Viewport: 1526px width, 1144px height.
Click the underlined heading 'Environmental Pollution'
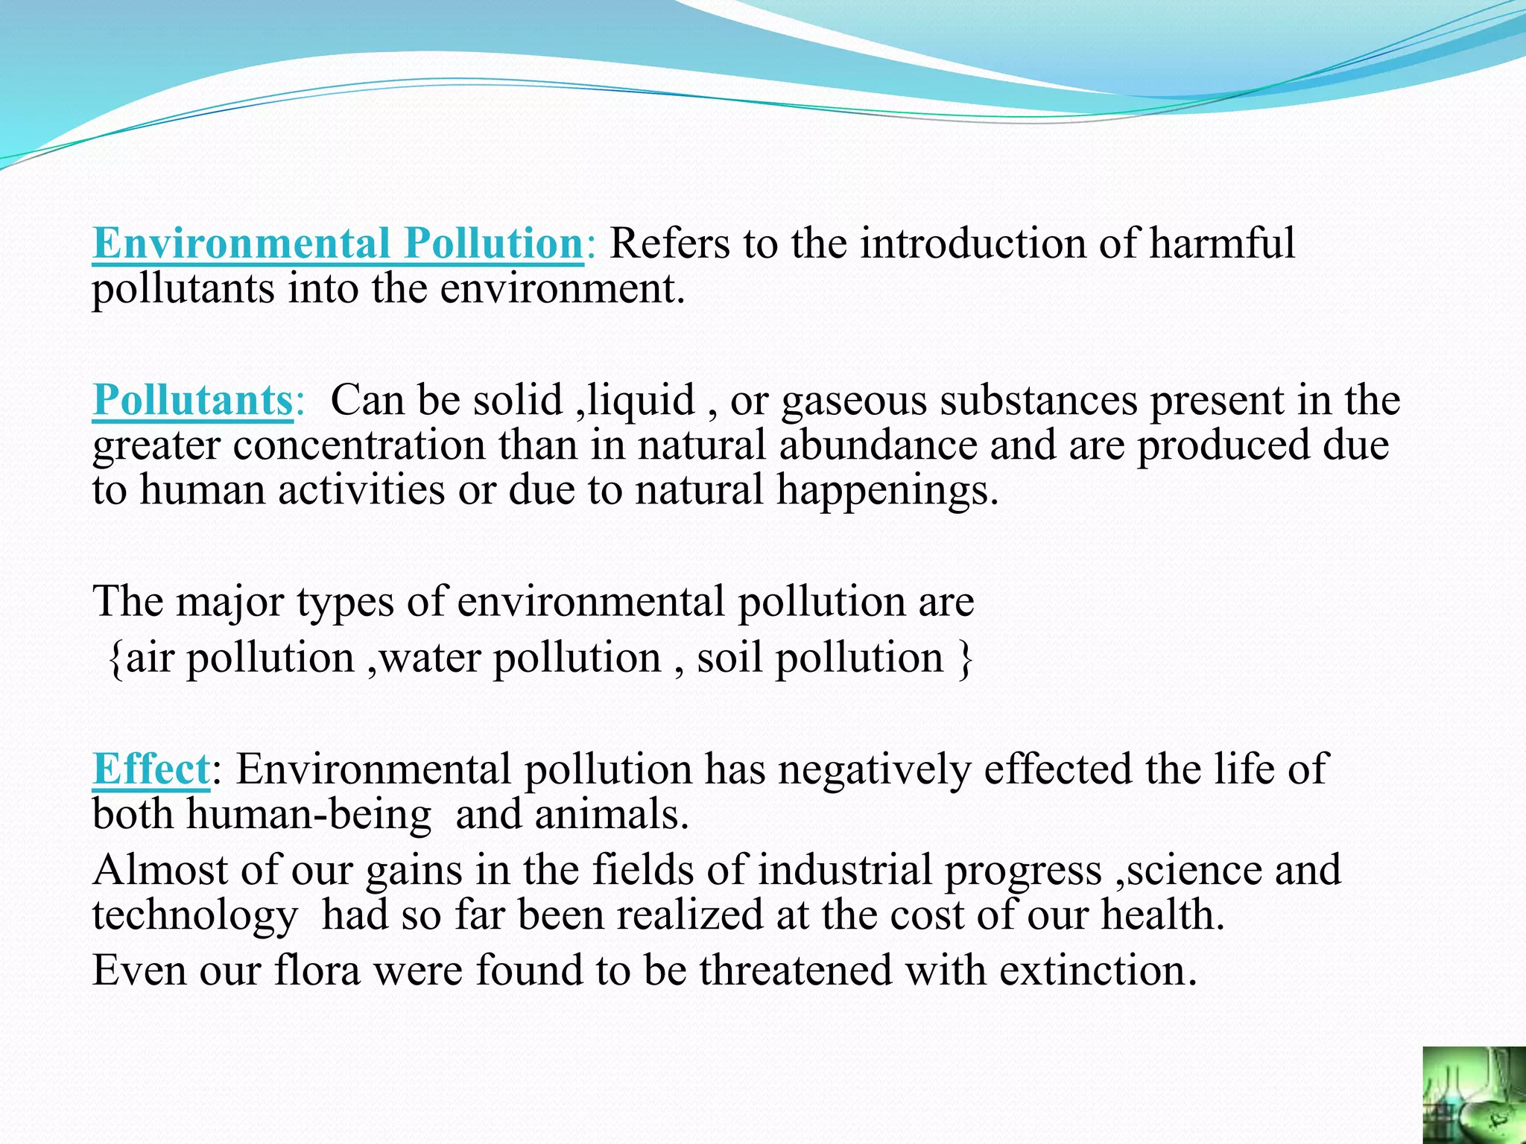(338, 244)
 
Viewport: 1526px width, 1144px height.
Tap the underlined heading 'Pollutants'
(193, 400)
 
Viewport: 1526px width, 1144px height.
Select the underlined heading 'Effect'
(151, 769)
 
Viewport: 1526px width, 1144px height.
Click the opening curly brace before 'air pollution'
(115, 659)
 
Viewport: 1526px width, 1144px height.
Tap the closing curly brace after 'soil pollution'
(965, 659)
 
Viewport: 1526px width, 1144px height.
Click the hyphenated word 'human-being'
(308, 814)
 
